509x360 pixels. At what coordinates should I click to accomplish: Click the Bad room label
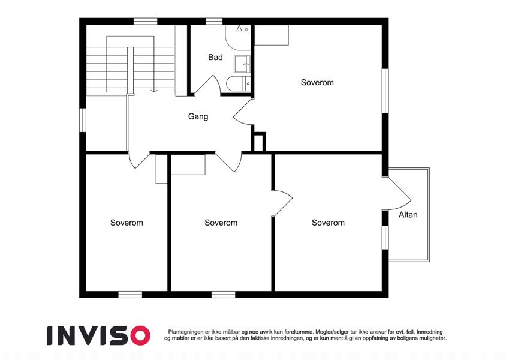215,58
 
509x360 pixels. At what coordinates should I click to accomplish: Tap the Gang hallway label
198,116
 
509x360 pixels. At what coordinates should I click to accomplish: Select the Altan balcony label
408,215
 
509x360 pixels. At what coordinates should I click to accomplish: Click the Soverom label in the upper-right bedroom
317,83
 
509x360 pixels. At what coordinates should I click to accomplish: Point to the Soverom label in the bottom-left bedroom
127,223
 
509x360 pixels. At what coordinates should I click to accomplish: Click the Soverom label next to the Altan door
328,223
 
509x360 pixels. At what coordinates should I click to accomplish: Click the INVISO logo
99,335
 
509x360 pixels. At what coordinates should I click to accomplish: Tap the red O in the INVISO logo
140,335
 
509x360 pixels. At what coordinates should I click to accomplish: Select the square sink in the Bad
242,64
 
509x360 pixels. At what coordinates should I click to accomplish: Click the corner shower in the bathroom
238,38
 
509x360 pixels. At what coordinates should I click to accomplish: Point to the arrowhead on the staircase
154,91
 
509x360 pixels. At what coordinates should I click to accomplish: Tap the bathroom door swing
208,85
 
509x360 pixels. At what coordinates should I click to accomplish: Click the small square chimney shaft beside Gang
259,142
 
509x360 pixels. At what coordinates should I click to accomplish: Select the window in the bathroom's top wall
214,22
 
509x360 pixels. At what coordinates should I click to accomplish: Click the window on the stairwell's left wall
83,120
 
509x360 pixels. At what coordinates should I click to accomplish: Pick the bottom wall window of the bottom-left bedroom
130,295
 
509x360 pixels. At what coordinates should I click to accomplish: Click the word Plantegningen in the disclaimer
186,332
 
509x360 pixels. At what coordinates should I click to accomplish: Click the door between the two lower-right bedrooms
283,203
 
